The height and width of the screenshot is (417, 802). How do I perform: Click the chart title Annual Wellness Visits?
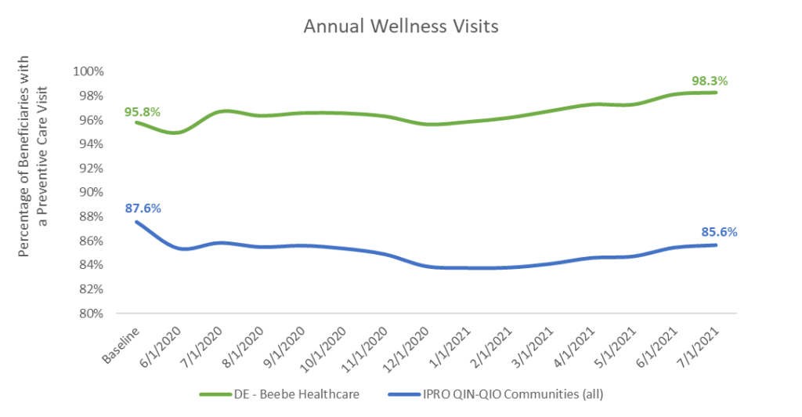coord(400,27)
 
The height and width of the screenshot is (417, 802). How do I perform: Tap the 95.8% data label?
coord(143,112)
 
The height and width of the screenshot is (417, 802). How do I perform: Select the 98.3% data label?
coord(710,81)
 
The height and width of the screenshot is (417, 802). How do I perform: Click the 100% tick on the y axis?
coord(89,71)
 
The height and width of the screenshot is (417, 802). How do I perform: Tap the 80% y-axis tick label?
coord(91,314)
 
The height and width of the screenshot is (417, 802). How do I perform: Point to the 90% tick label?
coord(91,193)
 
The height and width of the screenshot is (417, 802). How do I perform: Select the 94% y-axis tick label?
coord(91,144)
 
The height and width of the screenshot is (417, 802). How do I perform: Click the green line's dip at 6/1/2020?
coord(178,132)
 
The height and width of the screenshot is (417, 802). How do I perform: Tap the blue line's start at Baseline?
coord(137,222)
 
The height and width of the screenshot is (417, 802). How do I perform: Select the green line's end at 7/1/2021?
coord(715,92)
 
